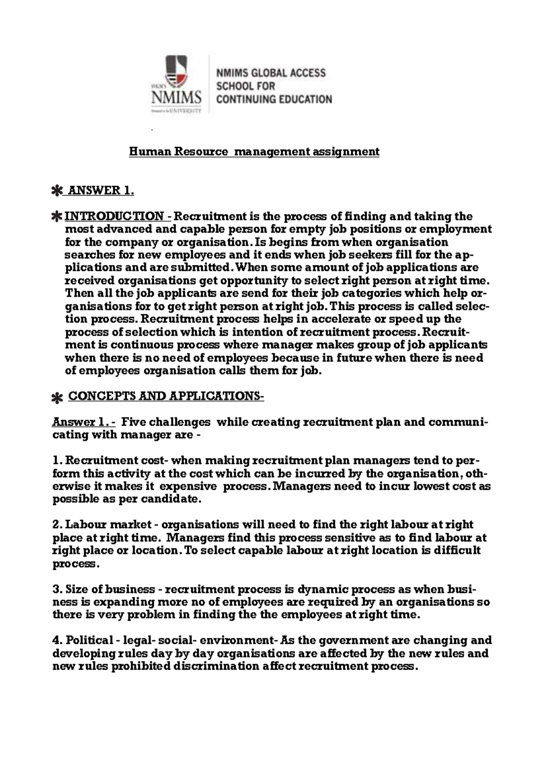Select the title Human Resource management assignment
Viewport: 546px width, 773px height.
[x=254, y=152]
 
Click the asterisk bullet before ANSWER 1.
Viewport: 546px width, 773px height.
[x=57, y=191]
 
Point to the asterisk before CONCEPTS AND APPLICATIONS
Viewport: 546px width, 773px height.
[x=57, y=398]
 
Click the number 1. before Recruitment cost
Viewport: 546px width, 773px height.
[x=58, y=461]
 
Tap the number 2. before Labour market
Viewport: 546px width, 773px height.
[x=58, y=525]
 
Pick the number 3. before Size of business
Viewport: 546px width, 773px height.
[x=58, y=590]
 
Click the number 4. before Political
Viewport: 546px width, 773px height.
[x=58, y=641]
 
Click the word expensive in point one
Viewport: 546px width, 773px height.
[x=188, y=486]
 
